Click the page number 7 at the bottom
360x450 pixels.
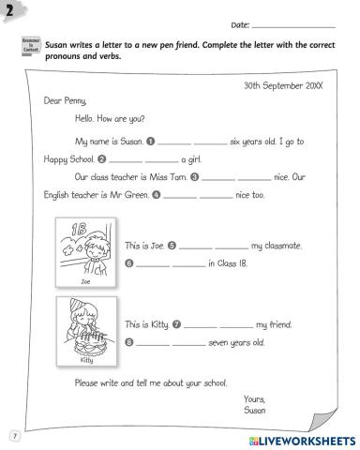pyautogui.click(x=14, y=435)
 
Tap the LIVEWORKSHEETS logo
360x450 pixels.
pyautogui.click(x=299, y=439)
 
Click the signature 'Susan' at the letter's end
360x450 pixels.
pyautogui.click(x=255, y=409)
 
